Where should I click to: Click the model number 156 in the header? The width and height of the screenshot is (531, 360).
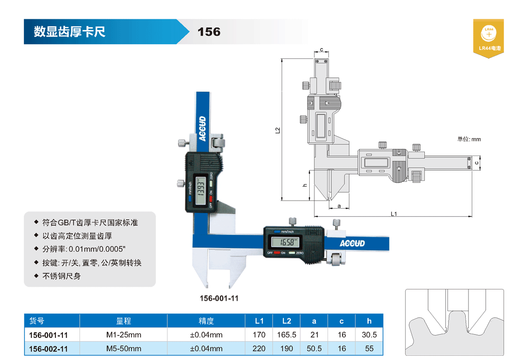(209, 32)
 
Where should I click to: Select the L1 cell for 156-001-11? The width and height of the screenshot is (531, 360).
(259, 335)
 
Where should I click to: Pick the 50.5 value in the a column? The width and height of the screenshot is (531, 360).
(314, 349)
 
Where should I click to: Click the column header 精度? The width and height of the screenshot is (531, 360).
(206, 321)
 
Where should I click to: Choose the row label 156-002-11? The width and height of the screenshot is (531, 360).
(48, 349)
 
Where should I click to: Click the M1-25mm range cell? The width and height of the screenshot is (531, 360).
(124, 335)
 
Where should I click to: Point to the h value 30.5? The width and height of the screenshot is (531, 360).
(369, 335)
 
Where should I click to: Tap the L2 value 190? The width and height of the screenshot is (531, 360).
(286, 349)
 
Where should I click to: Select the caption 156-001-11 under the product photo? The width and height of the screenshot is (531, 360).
(219, 298)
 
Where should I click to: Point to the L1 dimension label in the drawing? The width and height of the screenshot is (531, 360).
(394, 214)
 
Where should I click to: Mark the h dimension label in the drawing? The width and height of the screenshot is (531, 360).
(305, 185)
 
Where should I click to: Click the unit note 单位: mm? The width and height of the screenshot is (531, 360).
(469, 139)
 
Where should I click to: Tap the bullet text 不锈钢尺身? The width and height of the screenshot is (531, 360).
(62, 276)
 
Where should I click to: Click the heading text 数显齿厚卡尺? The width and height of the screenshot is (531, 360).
(70, 32)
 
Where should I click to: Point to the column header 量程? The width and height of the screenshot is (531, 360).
(124, 321)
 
